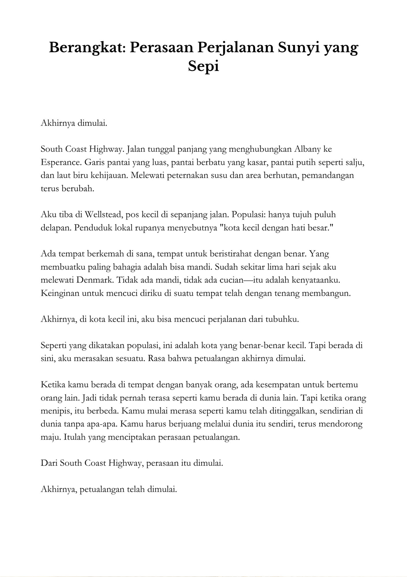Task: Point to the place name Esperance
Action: click(x=61, y=162)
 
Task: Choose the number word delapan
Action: click(x=55, y=228)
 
